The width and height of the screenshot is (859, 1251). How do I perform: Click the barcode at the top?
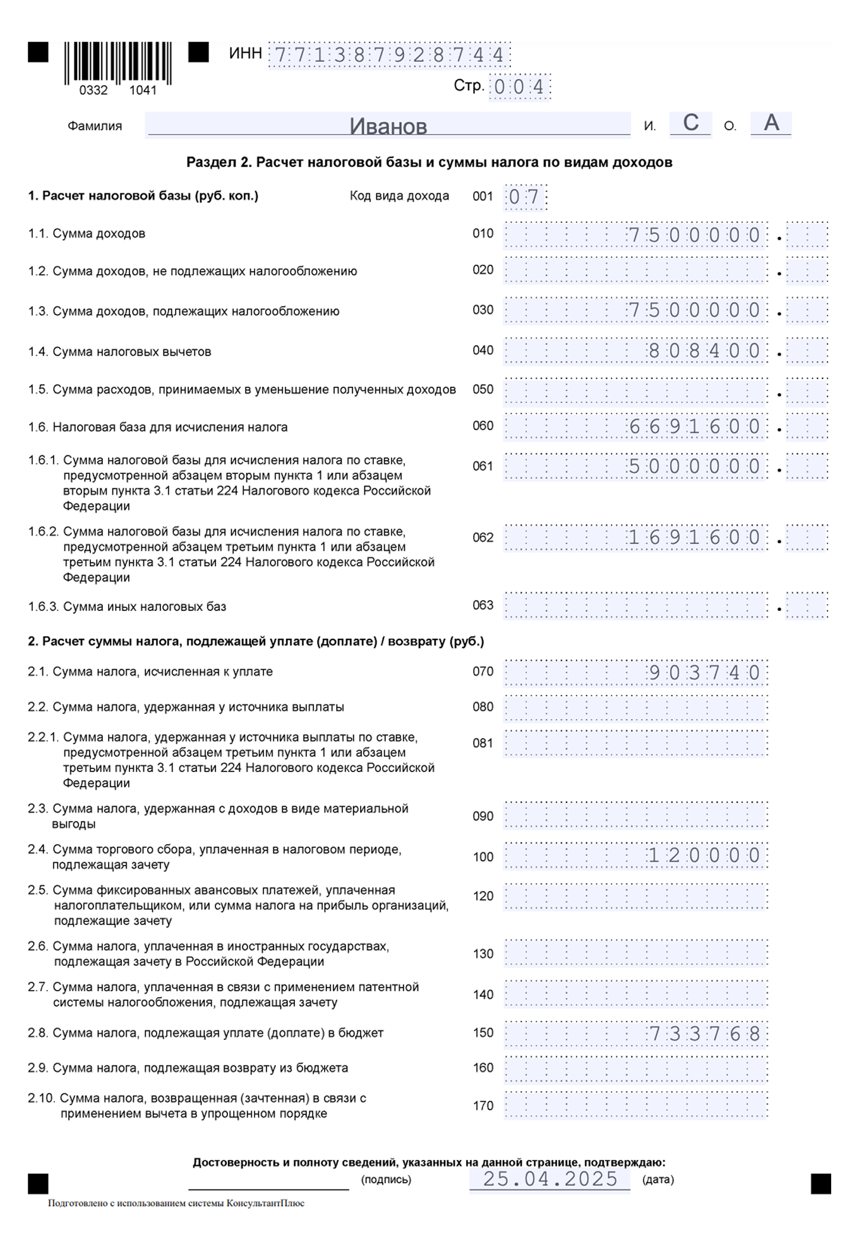point(117,63)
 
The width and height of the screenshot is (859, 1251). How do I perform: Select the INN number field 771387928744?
point(389,56)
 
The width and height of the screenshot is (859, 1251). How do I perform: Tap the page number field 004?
point(519,87)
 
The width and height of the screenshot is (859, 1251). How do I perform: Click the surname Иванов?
point(388,126)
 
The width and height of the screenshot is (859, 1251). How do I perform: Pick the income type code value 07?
point(524,197)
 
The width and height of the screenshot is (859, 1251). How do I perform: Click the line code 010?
point(483,234)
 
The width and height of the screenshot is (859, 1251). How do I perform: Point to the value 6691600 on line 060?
point(694,426)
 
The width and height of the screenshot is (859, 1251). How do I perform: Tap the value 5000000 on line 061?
point(694,467)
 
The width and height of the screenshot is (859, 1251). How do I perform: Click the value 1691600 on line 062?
point(694,538)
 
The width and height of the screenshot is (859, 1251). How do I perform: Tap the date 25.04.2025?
point(550,1179)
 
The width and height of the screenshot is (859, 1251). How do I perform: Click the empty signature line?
point(268,1183)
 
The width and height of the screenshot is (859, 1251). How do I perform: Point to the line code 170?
point(483,1106)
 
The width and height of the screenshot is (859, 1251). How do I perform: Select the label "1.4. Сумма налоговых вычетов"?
point(119,352)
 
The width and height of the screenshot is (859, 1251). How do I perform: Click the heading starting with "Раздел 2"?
point(429,162)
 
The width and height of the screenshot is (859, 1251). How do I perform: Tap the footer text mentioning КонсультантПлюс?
point(176,1204)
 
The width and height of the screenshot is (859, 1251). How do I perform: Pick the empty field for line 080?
point(635,708)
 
